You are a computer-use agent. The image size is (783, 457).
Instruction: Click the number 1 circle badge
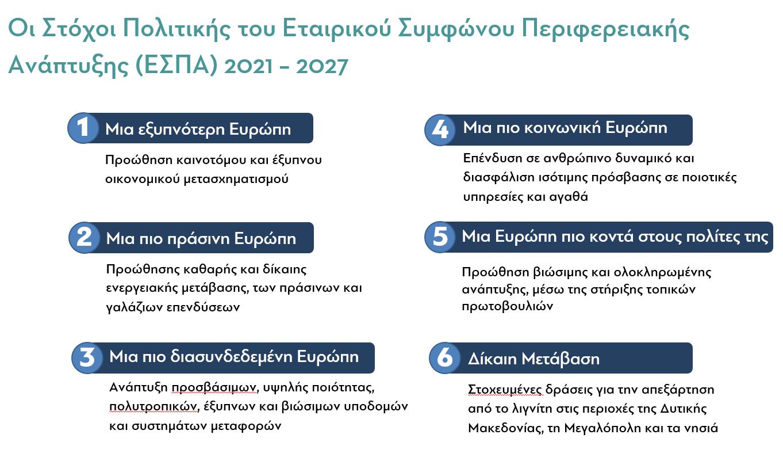(x=83, y=128)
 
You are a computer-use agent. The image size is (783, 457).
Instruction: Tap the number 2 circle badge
(x=85, y=238)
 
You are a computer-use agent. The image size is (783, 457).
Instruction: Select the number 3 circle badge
(x=87, y=357)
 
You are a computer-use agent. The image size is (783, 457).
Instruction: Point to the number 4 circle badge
(x=440, y=130)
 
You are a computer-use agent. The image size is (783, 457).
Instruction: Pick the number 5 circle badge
(x=440, y=237)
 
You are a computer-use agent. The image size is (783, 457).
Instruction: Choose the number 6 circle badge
(x=444, y=357)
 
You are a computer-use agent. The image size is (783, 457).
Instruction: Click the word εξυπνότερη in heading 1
(x=182, y=130)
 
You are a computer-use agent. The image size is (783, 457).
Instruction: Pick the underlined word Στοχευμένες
(x=505, y=390)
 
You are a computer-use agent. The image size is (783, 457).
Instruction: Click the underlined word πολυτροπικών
(x=154, y=407)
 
